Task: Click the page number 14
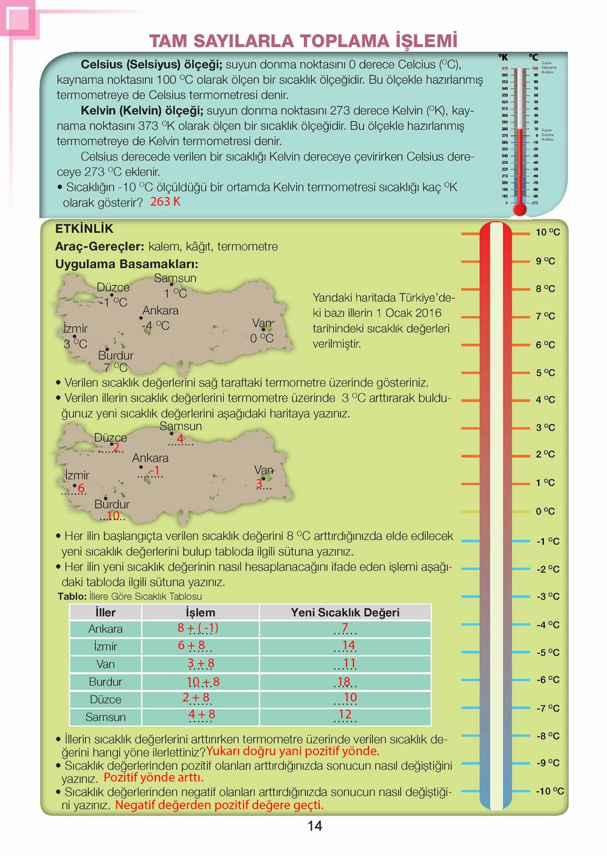[314, 826]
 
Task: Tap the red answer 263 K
[165, 202]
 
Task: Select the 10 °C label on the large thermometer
[547, 232]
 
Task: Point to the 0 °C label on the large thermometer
[545, 511]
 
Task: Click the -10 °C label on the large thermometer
[550, 791]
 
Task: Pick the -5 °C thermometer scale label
[548, 652]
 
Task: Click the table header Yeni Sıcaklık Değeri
[345, 613]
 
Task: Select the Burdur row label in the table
[105, 682]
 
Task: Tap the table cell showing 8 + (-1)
[197, 628]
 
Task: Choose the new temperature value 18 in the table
[344, 682]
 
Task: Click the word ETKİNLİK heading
[84, 229]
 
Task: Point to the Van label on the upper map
[262, 323]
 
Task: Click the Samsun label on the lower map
[180, 426]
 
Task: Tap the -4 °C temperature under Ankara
[155, 326]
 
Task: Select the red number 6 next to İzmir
[81, 488]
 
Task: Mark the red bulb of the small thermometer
[520, 209]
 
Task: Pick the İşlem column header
[200, 613]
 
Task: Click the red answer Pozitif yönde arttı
[153, 778]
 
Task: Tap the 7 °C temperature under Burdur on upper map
[116, 367]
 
